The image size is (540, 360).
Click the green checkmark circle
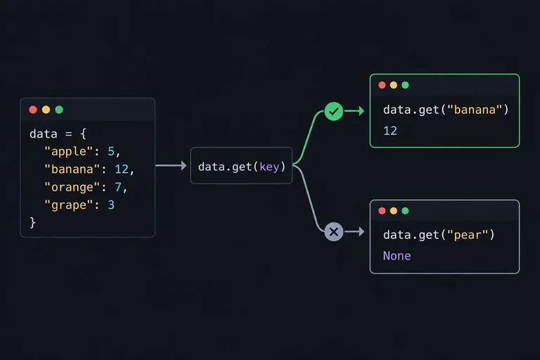click(x=333, y=111)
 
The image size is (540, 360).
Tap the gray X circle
click(x=333, y=231)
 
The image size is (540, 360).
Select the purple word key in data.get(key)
click(x=269, y=167)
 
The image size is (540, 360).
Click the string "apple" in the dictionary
click(x=68, y=152)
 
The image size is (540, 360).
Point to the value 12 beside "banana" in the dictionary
click(x=122, y=169)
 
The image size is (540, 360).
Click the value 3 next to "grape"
click(x=111, y=205)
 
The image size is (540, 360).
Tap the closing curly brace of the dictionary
click(x=33, y=223)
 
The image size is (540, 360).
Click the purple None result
click(x=397, y=256)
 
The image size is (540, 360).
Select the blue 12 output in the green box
click(x=390, y=131)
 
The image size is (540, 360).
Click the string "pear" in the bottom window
click(x=468, y=235)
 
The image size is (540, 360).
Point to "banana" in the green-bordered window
click(x=475, y=110)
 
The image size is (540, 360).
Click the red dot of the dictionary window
click(x=33, y=110)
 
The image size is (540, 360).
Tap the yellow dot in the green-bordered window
click(x=393, y=85)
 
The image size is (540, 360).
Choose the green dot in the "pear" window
click(x=405, y=211)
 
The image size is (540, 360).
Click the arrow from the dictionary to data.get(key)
click(x=171, y=166)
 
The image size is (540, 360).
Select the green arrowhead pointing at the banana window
click(x=361, y=111)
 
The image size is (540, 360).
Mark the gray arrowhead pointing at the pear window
click(x=361, y=231)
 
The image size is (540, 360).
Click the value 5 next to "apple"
click(x=111, y=152)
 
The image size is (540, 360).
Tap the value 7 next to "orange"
click(x=118, y=187)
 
